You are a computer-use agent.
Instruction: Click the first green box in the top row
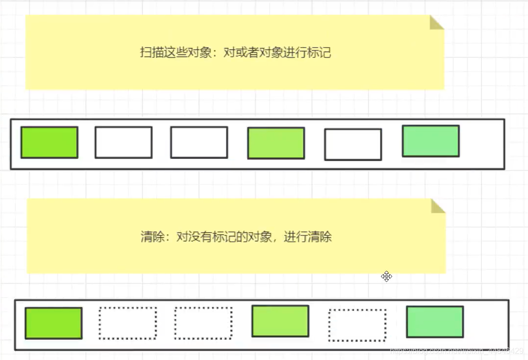tap(49, 142)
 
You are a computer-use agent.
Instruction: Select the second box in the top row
tap(124, 142)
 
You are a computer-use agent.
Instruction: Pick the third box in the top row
tap(199, 142)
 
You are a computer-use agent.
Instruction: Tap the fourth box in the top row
tap(276, 143)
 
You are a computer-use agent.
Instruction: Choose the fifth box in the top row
tap(353, 144)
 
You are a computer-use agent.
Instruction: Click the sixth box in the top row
tap(430, 141)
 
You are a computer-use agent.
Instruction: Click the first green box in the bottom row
tap(53, 323)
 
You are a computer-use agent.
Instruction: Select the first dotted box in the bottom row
tap(128, 323)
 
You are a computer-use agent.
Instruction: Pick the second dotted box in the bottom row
tap(203, 323)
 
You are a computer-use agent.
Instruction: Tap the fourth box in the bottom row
tap(280, 321)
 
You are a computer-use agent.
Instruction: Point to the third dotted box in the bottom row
tap(357, 325)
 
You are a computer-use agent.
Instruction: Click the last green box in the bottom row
tap(435, 322)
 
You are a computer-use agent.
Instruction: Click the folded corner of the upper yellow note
tap(436, 23)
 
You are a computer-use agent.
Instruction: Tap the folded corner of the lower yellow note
tap(437, 206)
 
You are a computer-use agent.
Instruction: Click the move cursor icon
tap(387, 277)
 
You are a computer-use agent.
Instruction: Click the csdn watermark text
tap(456, 352)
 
